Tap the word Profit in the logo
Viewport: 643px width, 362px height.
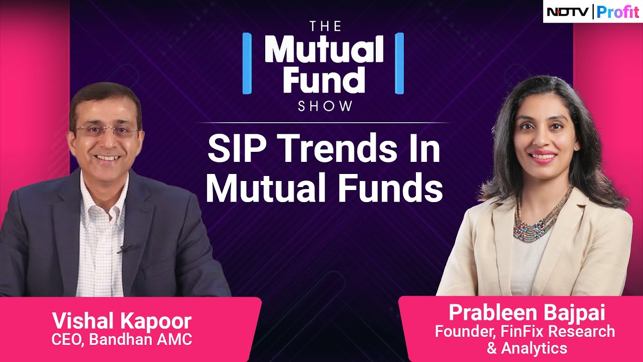point(617,12)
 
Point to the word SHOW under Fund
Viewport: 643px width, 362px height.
point(324,107)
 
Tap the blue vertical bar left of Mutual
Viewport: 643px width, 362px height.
point(246,63)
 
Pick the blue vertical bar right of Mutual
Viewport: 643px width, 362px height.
point(399,63)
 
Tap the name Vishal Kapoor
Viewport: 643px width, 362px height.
point(122,321)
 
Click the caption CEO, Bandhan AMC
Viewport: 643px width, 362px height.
point(122,339)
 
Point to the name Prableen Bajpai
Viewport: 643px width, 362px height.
point(527,313)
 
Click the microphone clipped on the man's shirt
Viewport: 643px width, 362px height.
point(124,248)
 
